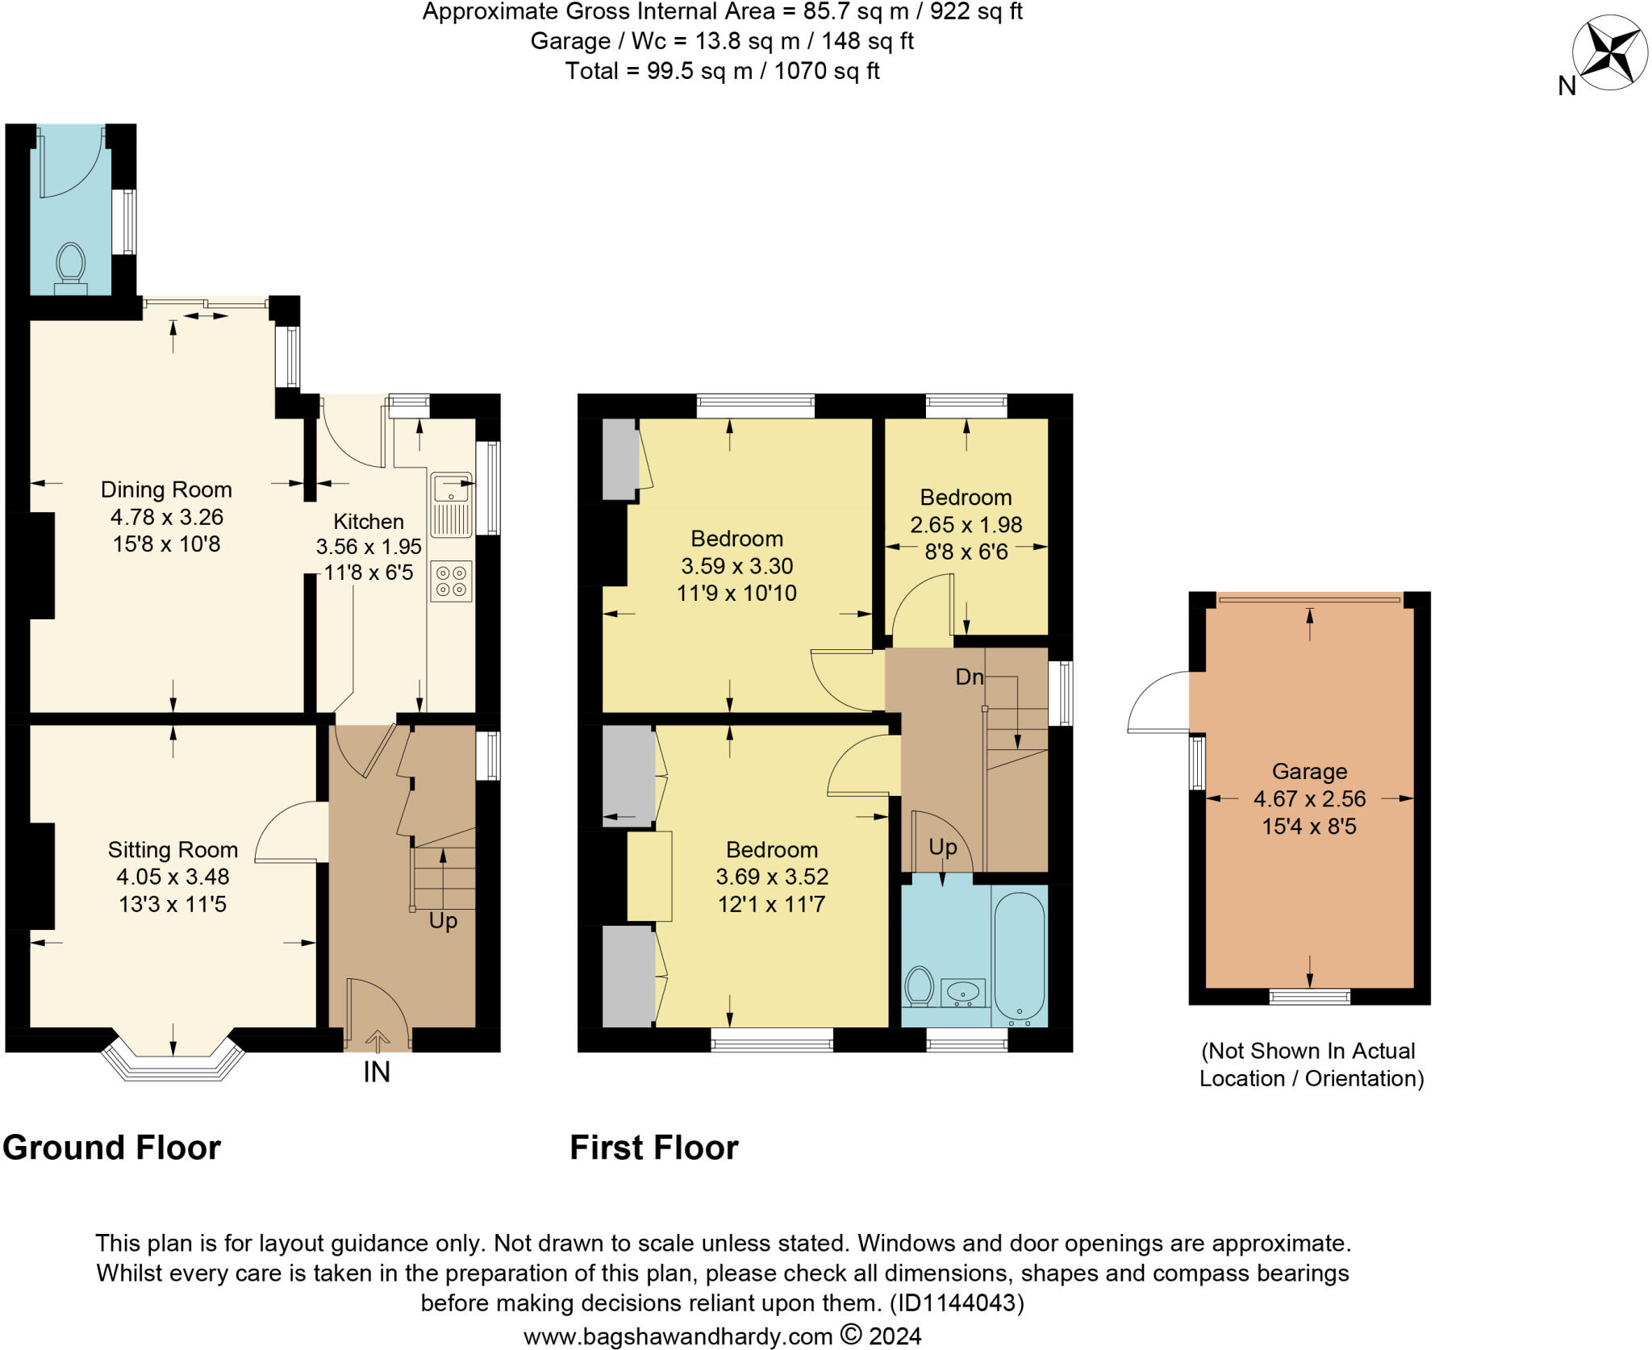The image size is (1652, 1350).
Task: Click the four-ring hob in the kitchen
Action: point(452,581)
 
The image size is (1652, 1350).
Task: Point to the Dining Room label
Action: point(166,490)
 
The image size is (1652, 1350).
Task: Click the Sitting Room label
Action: point(173,849)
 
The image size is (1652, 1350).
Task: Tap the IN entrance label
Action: point(377,1072)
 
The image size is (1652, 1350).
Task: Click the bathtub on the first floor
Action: point(1020,958)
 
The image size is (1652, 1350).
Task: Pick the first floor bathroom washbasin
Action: point(962,992)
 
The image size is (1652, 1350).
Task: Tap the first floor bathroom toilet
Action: point(919,986)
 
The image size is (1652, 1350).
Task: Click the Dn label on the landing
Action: point(970,677)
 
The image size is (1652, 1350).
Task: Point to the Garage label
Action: point(1310,772)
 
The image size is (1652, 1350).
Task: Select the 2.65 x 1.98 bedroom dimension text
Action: point(966,525)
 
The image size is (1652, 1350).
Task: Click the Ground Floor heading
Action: point(112,1148)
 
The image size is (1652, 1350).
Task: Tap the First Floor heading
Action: point(654,1148)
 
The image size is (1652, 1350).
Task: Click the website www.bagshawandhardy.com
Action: point(678,1336)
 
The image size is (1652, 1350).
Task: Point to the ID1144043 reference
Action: point(957,1302)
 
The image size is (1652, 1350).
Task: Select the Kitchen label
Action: point(369,521)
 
